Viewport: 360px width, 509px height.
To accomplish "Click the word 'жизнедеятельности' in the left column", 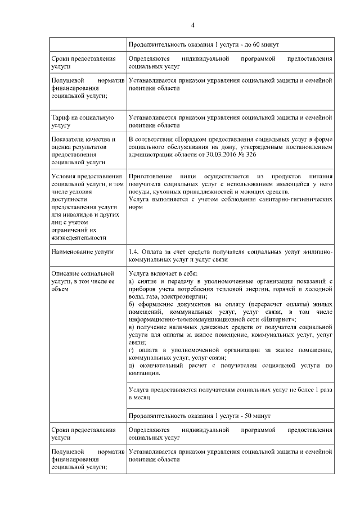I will click(x=78, y=237).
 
